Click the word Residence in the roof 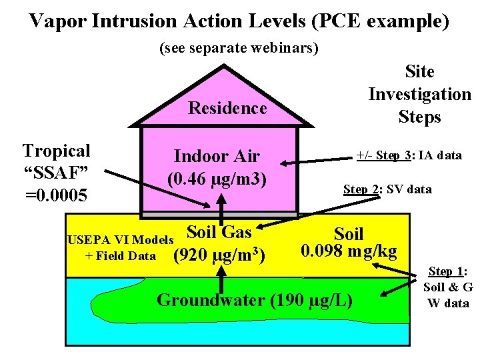[x=227, y=108]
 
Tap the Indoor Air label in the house [x=217, y=157]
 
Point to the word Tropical [x=56, y=151]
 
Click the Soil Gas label [x=219, y=232]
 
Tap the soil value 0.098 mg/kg [x=349, y=251]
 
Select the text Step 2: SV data [x=387, y=189]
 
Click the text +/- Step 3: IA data [x=409, y=155]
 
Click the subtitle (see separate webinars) [x=239, y=49]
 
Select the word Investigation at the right [x=419, y=94]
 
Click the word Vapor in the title [x=57, y=21]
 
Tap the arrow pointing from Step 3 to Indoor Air [x=320, y=160]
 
